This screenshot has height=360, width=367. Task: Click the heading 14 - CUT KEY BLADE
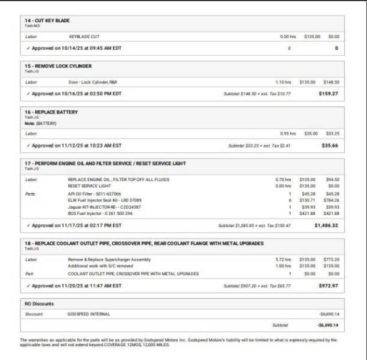click(47, 20)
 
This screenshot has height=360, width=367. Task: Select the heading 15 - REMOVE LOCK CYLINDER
click(58, 66)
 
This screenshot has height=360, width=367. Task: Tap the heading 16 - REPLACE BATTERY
click(51, 112)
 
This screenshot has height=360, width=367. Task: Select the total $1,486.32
click(327, 226)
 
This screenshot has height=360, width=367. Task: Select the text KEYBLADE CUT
click(84, 36)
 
